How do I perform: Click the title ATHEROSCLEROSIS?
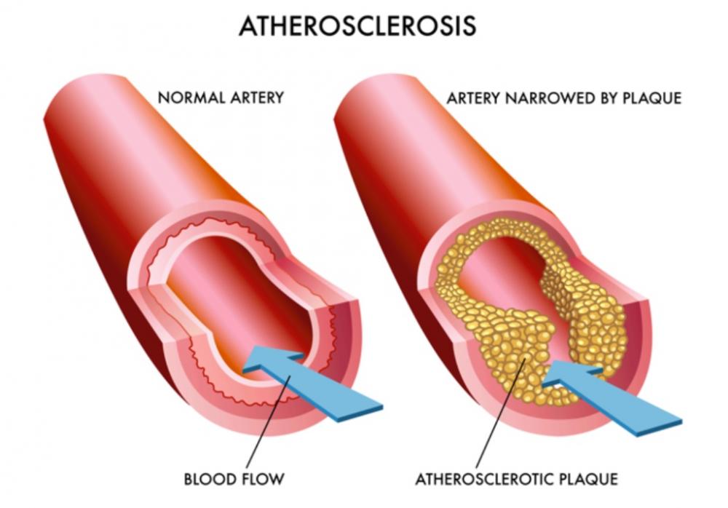click(x=357, y=25)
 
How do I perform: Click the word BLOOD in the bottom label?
click(x=207, y=479)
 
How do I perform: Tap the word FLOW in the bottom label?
click(x=261, y=479)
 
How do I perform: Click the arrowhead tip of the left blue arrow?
click(x=243, y=370)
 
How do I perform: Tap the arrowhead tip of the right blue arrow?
click(x=543, y=384)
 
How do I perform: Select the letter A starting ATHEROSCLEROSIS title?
click(x=248, y=26)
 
